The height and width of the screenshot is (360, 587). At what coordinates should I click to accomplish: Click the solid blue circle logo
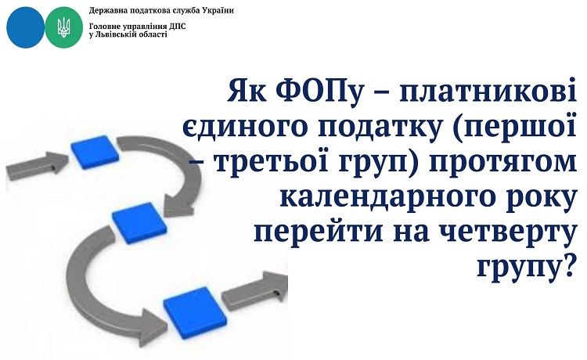(26, 27)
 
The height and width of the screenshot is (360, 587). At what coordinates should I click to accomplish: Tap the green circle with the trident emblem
(64, 27)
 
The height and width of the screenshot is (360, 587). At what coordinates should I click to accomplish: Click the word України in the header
(218, 10)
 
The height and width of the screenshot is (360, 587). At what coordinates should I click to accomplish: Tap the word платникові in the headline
(487, 91)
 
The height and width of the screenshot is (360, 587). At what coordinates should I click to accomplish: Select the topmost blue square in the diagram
(95, 152)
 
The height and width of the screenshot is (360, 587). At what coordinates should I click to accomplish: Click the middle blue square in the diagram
(139, 223)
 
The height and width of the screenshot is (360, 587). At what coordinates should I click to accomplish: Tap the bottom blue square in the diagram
(195, 312)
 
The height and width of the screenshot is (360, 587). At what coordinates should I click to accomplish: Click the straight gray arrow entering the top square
(37, 166)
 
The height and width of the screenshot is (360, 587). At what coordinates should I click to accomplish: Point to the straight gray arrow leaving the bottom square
(254, 290)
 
